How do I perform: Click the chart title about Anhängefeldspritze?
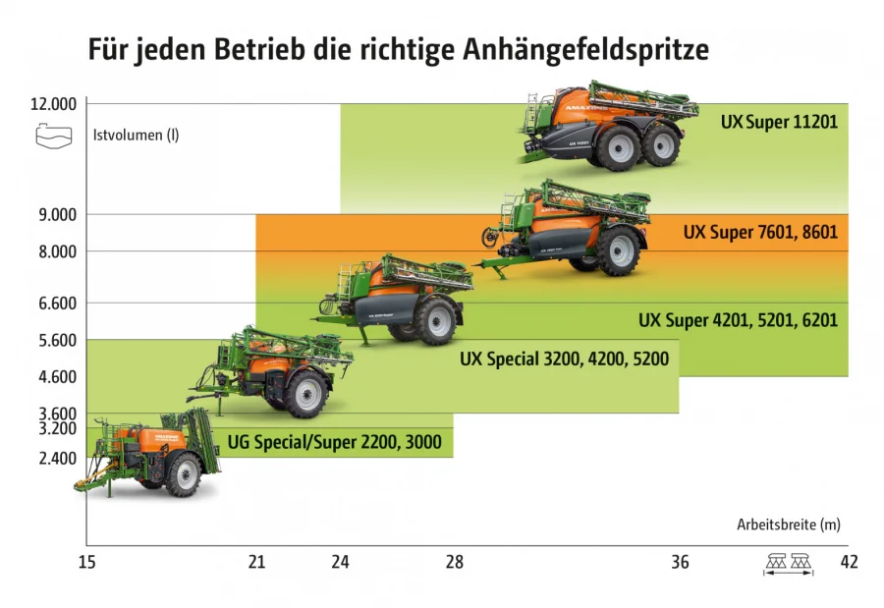pyautogui.click(x=399, y=49)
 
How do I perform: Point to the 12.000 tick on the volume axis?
pyautogui.click(x=53, y=104)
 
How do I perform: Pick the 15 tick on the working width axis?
pyautogui.click(x=86, y=563)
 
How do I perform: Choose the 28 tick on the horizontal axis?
pyautogui.click(x=454, y=563)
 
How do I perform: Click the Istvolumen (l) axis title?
pyautogui.click(x=136, y=136)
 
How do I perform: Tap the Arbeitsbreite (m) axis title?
pyautogui.click(x=789, y=525)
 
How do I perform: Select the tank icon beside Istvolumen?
pyautogui.click(x=53, y=136)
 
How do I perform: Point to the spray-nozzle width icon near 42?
pyautogui.click(x=789, y=564)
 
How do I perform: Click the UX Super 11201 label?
pyautogui.click(x=778, y=123)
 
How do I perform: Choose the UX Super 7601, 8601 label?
pyautogui.click(x=760, y=234)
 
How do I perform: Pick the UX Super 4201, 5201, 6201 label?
pyautogui.click(x=738, y=319)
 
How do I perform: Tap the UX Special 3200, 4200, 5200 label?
pyautogui.click(x=564, y=359)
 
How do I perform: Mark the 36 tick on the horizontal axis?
pyautogui.click(x=680, y=563)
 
